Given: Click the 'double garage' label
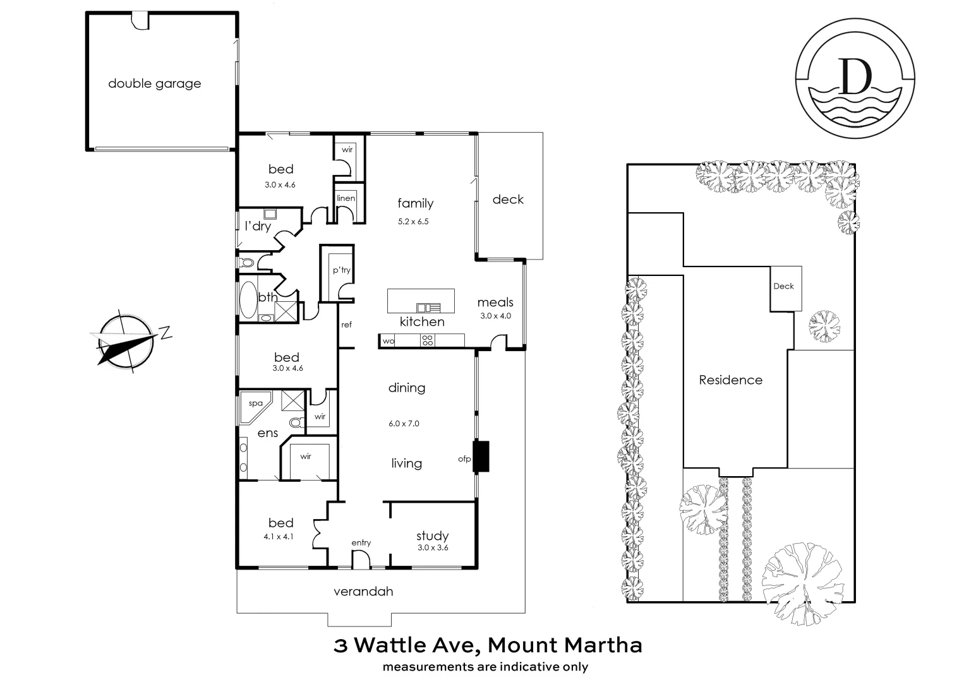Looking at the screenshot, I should (154, 83).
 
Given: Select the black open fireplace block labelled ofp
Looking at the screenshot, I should (481, 455).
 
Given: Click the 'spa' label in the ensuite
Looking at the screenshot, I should (255, 403).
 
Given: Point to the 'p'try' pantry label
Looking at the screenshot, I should (341, 270).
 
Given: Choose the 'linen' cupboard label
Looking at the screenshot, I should (346, 198).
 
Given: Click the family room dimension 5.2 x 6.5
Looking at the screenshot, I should (413, 222).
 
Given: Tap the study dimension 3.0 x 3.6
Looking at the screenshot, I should (432, 547).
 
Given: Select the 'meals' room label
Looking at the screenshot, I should (495, 302).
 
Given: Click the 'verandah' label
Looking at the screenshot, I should (363, 592).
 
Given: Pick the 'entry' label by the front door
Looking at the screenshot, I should (361, 542).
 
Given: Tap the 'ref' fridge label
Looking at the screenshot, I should (346, 325).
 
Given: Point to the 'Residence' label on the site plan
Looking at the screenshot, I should (730, 380).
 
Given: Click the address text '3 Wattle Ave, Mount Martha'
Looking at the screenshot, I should (488, 645).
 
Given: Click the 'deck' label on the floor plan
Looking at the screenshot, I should (508, 200).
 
